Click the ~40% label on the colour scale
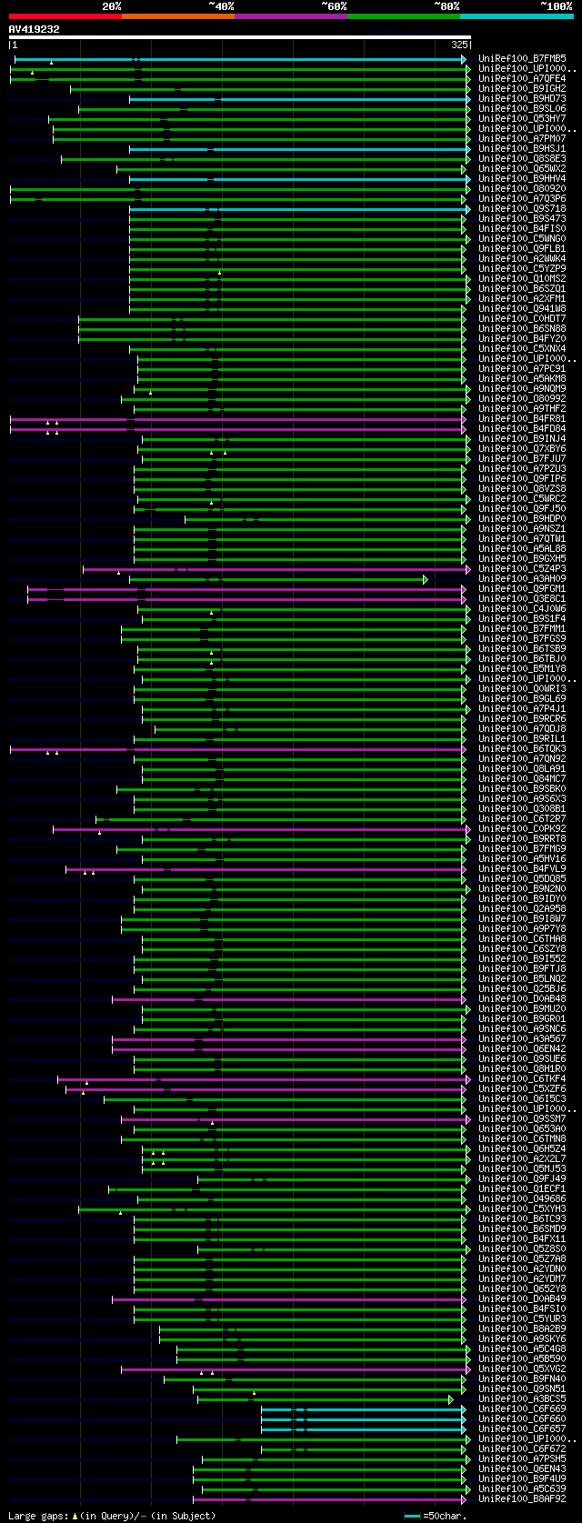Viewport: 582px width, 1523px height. pos(221,6)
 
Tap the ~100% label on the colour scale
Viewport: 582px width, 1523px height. pos(556,6)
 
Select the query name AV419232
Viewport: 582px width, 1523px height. pos(34,30)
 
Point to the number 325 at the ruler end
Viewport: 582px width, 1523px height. pos(459,44)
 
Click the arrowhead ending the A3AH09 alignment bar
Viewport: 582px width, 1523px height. pos(425,579)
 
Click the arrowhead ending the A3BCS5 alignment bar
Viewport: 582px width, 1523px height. pos(450,1399)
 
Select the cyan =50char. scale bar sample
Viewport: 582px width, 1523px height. pos(413,1516)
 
